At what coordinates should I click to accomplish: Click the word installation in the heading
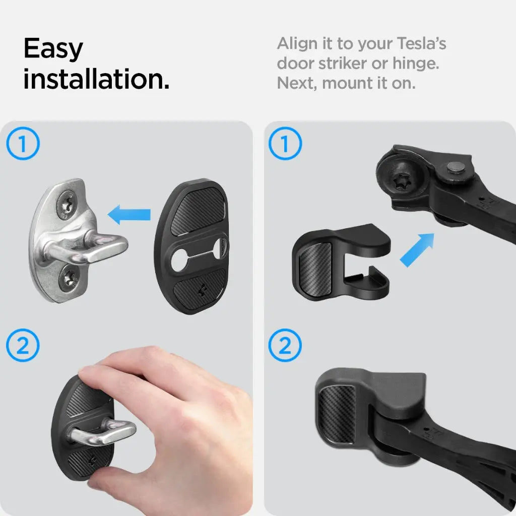[96, 80]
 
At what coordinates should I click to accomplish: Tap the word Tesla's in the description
[422, 44]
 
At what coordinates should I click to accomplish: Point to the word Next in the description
[297, 83]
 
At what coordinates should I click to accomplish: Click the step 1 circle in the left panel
[22, 145]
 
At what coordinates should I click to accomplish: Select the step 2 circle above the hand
[22, 345]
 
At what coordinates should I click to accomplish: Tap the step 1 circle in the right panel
[285, 145]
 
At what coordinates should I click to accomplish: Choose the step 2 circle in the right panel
[285, 345]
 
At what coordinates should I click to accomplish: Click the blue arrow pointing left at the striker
[130, 214]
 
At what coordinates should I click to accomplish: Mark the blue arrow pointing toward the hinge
[417, 249]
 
